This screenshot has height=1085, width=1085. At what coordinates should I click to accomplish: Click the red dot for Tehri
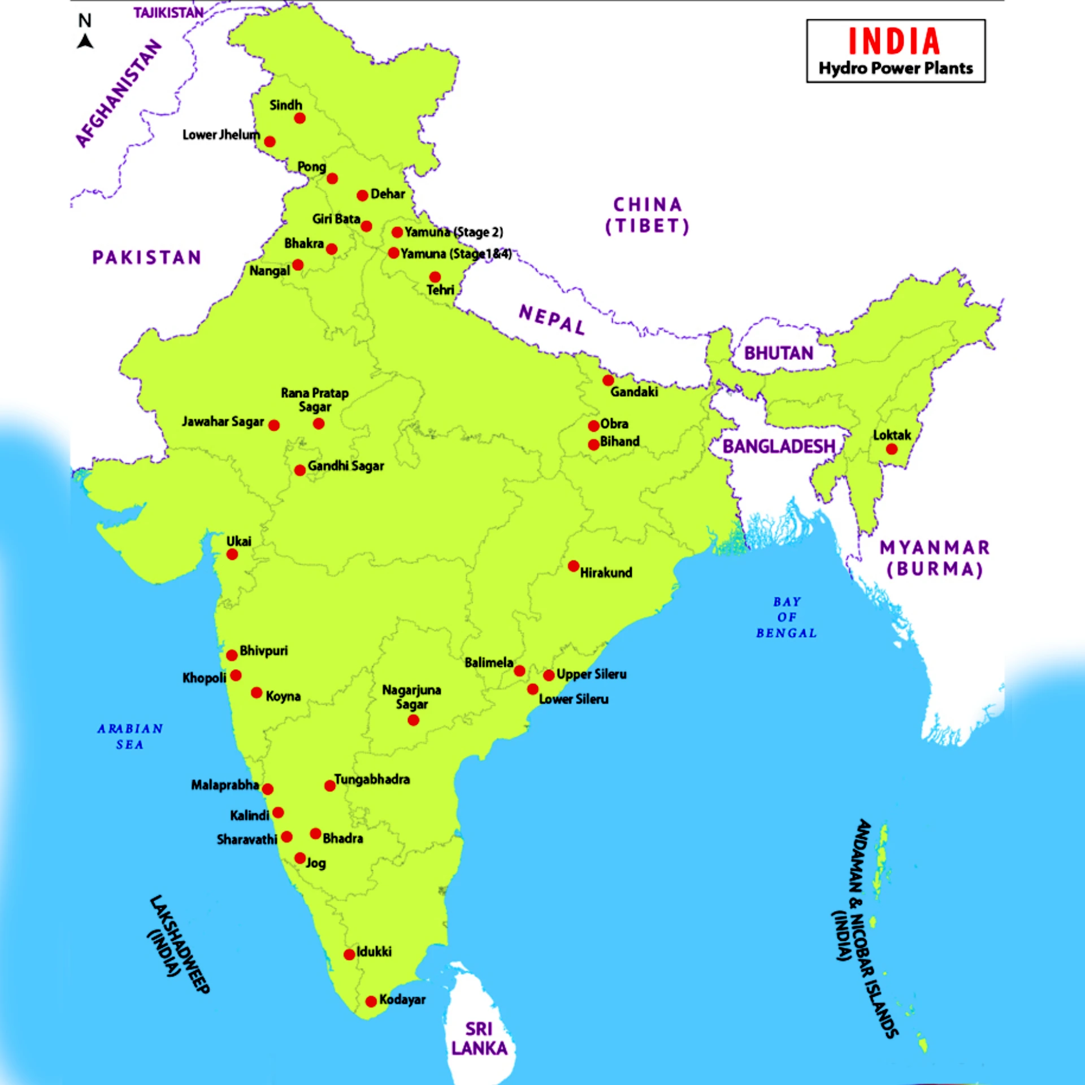tap(435, 277)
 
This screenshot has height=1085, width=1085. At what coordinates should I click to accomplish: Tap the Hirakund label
tap(606, 572)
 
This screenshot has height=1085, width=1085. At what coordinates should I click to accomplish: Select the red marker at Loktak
tap(892, 449)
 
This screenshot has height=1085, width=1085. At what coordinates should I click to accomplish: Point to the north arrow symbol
tap(85, 41)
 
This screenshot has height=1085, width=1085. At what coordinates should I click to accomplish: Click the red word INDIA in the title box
tap(895, 42)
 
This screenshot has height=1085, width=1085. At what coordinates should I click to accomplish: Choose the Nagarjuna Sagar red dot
tap(413, 720)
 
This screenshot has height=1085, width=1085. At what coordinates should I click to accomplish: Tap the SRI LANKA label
tap(479, 1039)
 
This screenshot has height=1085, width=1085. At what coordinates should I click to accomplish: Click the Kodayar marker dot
tap(371, 1001)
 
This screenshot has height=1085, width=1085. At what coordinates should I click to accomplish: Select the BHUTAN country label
tap(778, 353)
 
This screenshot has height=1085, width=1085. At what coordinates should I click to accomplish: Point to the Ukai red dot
tap(232, 554)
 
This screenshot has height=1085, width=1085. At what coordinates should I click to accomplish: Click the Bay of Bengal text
tap(787, 617)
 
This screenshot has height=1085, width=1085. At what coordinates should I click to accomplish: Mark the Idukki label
tap(374, 952)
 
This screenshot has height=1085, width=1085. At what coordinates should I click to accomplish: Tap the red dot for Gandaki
tap(608, 380)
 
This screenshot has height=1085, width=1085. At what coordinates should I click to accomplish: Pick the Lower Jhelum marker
tap(270, 141)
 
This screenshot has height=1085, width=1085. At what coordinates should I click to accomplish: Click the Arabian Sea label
tap(130, 736)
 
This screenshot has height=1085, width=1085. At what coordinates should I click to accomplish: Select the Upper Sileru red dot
tap(548, 675)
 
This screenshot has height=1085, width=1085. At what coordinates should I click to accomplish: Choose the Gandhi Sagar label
tap(346, 466)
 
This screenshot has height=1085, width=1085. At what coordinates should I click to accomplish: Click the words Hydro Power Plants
tap(896, 68)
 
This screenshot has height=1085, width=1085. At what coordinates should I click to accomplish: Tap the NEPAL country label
tap(552, 320)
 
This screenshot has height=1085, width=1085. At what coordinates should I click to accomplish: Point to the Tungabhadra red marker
tap(329, 785)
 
